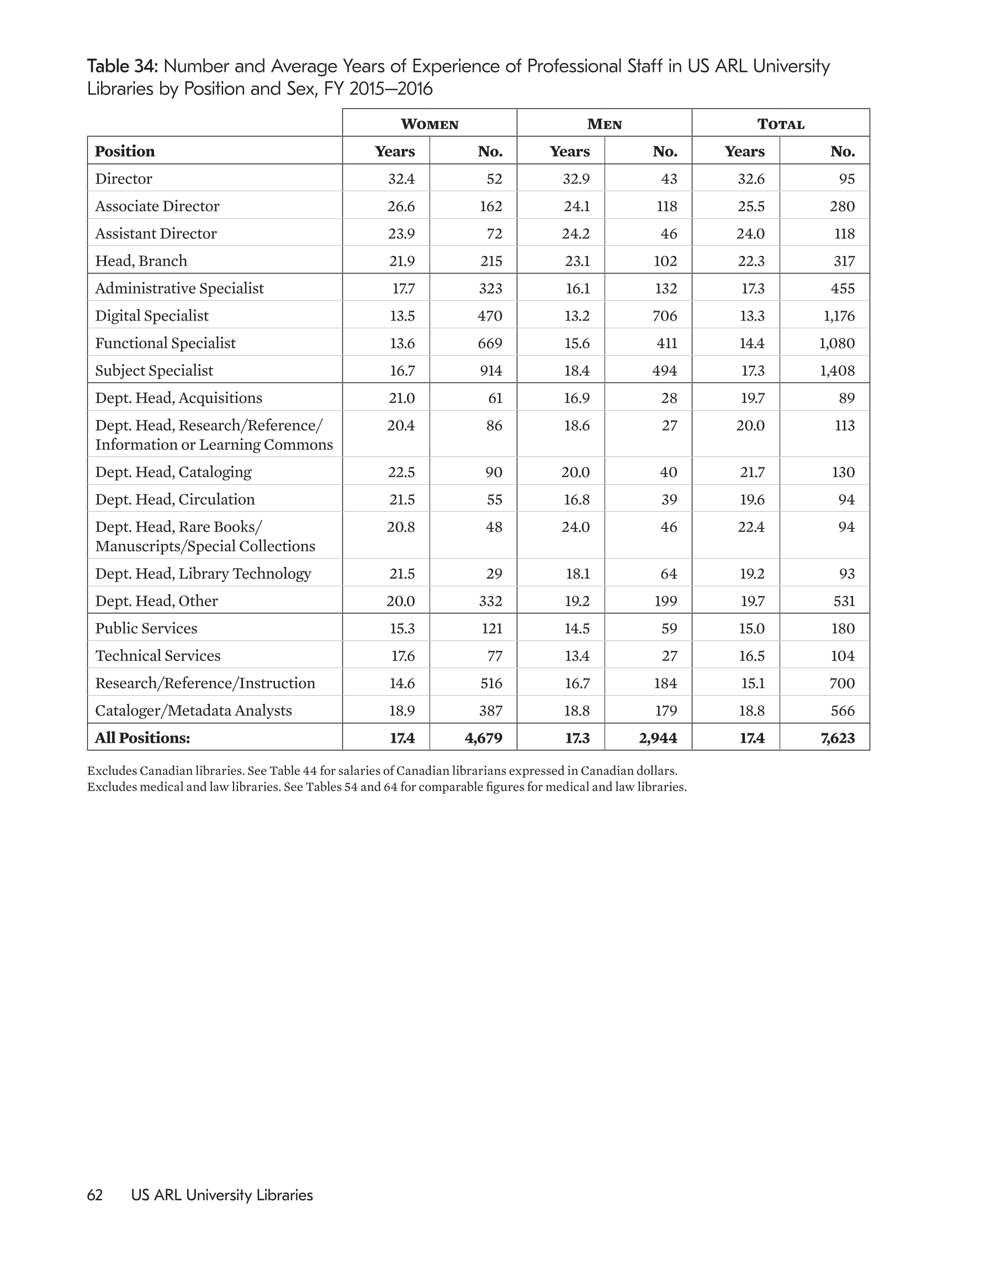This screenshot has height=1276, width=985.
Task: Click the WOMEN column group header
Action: pyautogui.click(x=429, y=124)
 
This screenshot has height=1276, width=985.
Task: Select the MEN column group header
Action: pyautogui.click(x=605, y=124)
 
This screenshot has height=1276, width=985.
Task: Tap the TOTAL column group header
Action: pyautogui.click(x=781, y=124)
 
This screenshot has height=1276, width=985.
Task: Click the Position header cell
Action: pyautogui.click(x=125, y=151)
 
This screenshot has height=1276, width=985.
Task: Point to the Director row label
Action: pyautogui.click(x=124, y=179)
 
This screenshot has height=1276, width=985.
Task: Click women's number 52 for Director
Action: pyautogui.click(x=494, y=179)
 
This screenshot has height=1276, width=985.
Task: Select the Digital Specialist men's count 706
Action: pyautogui.click(x=665, y=316)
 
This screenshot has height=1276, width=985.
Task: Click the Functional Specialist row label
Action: pyautogui.click(x=165, y=344)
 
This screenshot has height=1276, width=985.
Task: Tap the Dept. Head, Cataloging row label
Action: pyautogui.click(x=173, y=472)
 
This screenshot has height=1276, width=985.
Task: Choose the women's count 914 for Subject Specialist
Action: pyautogui.click(x=490, y=371)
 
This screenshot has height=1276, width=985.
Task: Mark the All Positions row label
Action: pyautogui.click(x=142, y=738)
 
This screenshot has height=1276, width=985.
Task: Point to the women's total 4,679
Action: pyautogui.click(x=484, y=738)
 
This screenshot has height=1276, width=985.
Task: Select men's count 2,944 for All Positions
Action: pyautogui.click(x=658, y=738)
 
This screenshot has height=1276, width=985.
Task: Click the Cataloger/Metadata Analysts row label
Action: pyautogui.click(x=193, y=711)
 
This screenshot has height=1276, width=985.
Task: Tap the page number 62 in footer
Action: pyautogui.click(x=94, y=1195)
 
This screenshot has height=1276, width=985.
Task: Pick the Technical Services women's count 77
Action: pyautogui.click(x=494, y=656)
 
